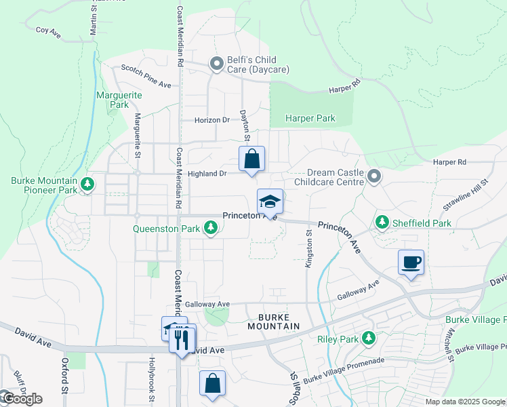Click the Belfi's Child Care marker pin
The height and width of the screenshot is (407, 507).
pos(217,64)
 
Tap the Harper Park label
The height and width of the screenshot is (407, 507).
pos(310,119)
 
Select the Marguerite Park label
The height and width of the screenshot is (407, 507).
pos(119,100)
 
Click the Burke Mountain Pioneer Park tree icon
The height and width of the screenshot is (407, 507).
pos(87,184)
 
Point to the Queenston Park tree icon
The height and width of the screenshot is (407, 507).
pos(211,229)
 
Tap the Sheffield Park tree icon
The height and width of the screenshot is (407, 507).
pos(382,222)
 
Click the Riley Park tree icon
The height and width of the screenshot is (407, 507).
pos(368,337)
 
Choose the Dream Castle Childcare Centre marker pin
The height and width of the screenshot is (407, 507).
pos(373,178)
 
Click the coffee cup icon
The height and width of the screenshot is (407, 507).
pos(411,262)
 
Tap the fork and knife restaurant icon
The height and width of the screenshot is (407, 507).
pos(182,338)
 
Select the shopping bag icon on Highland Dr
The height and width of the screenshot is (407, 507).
pos(251,159)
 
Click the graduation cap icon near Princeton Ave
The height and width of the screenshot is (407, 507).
pos(270,201)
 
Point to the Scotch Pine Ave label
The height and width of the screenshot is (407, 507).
pos(146,76)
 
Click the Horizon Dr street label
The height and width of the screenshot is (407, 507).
pos(212,120)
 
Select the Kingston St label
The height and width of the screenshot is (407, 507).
pos(308,248)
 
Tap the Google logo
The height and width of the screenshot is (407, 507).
pos(22,399)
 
